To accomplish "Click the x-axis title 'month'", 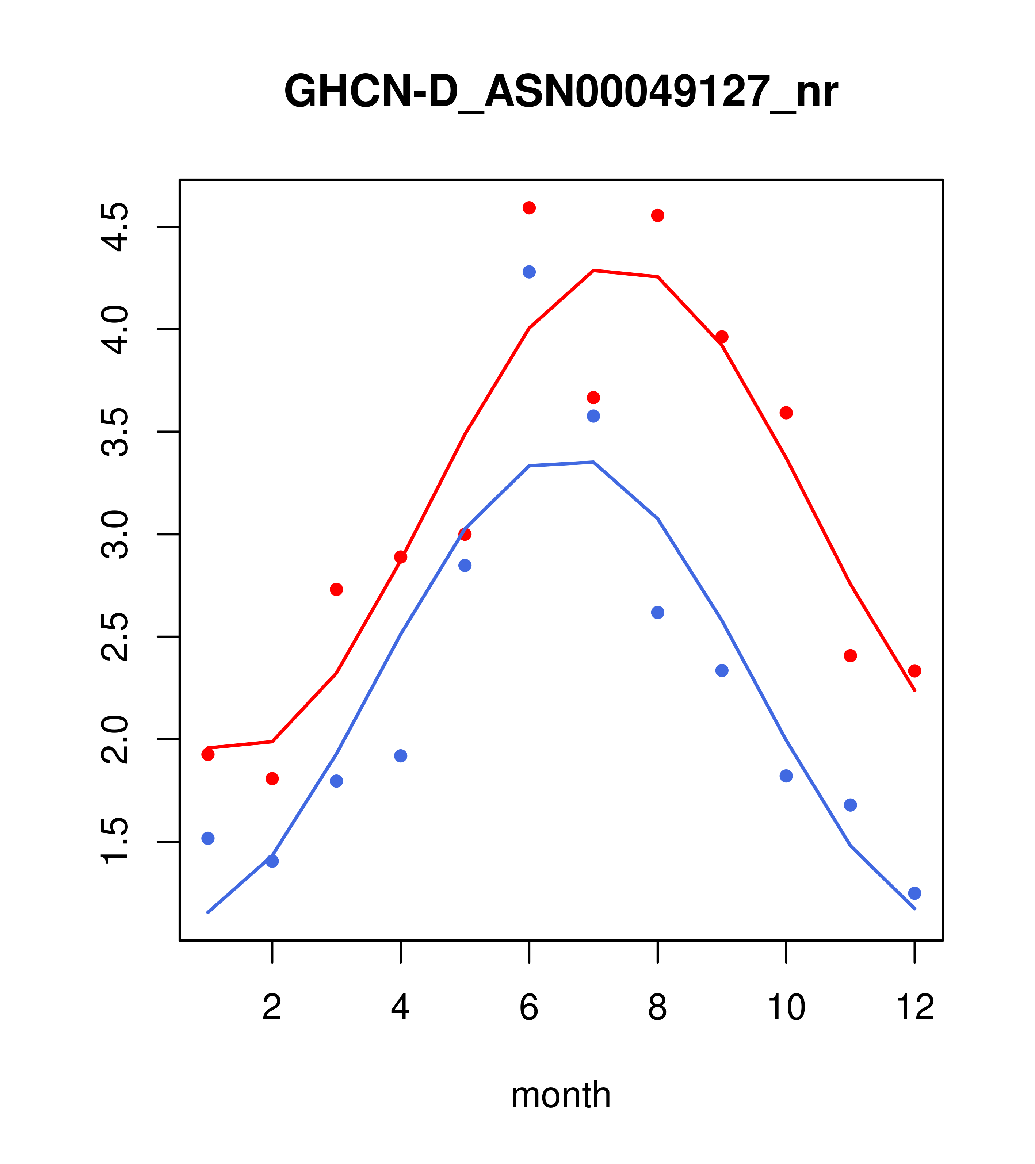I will (x=561, y=1095).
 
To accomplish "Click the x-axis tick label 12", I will (x=915, y=1008).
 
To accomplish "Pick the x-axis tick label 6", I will (x=529, y=1008).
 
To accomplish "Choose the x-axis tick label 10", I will (x=786, y=1008).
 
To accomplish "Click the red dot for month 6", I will (x=529, y=208).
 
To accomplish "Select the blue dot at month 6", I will (x=529, y=272).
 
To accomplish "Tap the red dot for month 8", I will (x=658, y=215).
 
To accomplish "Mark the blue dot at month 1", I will (x=208, y=838).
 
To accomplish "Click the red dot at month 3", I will (x=337, y=589).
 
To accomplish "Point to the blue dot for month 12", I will (x=915, y=893).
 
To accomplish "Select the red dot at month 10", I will (x=786, y=413).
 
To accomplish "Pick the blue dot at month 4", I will (x=401, y=756).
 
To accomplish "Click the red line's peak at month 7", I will (x=593, y=271).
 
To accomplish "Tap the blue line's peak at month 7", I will (x=593, y=462).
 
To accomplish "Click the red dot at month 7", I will (x=593, y=398).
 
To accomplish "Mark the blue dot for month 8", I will (x=658, y=613).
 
